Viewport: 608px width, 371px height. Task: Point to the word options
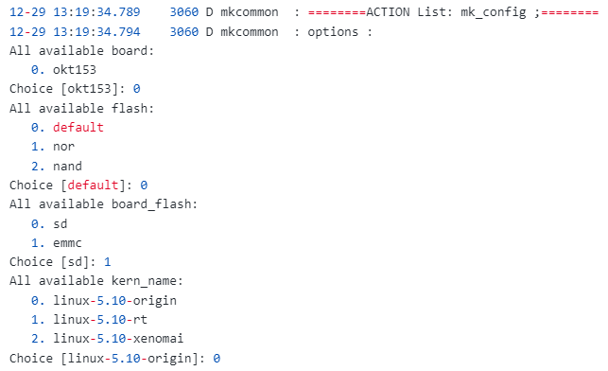click(335, 31)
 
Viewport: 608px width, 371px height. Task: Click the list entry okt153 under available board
click(75, 69)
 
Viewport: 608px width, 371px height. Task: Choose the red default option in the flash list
click(78, 127)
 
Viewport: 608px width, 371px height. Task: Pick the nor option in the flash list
click(64, 147)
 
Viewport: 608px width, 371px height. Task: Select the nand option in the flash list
click(68, 166)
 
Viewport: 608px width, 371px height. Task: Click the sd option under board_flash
click(61, 223)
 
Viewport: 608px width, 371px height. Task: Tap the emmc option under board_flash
click(68, 242)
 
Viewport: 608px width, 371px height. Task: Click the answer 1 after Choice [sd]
click(108, 262)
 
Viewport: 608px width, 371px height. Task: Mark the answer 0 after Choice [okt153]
click(137, 88)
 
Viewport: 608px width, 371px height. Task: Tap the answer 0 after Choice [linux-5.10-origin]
click(217, 359)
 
